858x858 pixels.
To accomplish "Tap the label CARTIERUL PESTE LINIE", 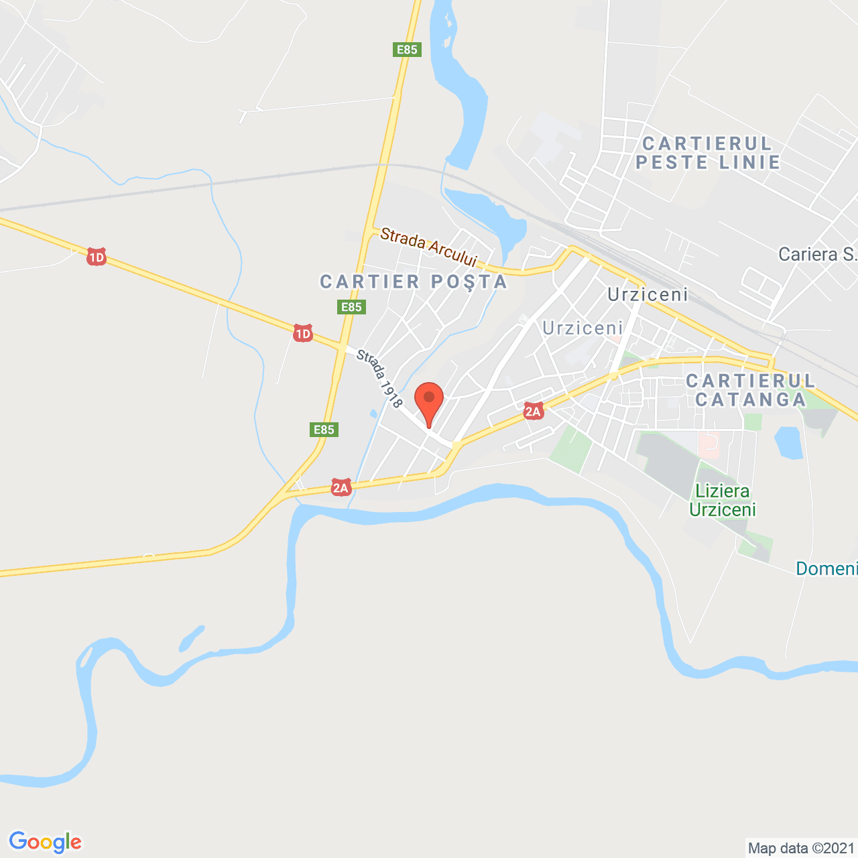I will (708, 153).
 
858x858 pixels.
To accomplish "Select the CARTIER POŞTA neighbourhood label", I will (414, 282).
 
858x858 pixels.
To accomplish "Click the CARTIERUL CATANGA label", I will (751, 390).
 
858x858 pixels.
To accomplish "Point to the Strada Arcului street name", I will (428, 247).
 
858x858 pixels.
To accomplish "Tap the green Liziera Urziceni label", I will (723, 500).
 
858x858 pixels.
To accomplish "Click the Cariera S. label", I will (817, 254).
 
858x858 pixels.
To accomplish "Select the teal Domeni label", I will (826, 568).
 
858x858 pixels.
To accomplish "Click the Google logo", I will (46, 842).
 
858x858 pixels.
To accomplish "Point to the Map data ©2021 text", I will (801, 848).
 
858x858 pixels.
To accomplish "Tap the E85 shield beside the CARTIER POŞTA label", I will (351, 307).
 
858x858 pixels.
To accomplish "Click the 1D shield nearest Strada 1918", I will (303, 333).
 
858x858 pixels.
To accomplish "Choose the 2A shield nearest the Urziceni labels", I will (533, 411).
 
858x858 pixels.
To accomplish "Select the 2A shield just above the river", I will (341, 487).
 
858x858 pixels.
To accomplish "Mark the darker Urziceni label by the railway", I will (648, 295).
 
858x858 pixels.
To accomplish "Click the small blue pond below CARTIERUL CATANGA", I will (788, 443).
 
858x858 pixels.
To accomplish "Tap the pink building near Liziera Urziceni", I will (709, 442).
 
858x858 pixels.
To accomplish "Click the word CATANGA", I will (751, 400).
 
